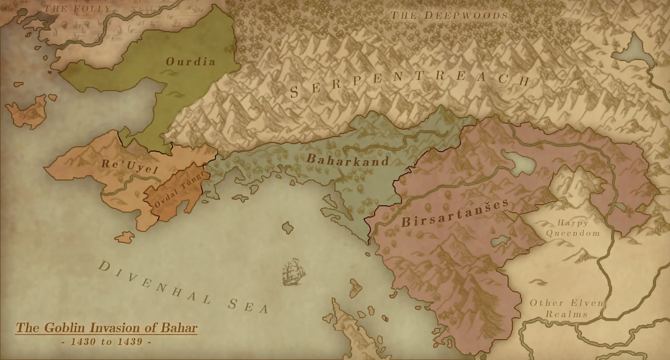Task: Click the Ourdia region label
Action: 190,61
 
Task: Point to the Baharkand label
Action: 347,160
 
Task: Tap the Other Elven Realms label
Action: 566,309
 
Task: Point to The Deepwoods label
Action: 449,15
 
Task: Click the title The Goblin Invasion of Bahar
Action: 106,328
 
